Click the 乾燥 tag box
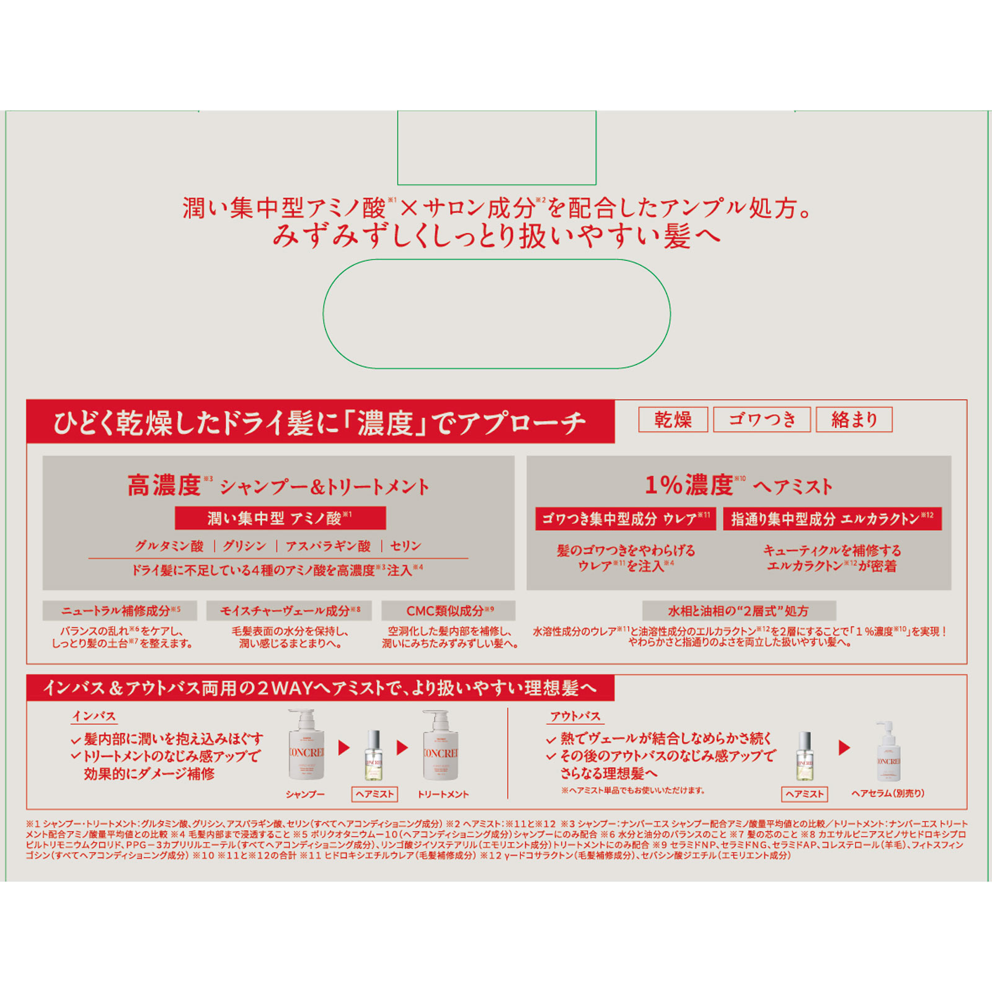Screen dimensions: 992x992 tap(673, 420)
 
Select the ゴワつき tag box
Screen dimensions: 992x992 tap(762, 420)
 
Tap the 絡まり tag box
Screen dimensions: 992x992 tap(854, 420)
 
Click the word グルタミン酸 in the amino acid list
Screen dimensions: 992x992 tap(169, 546)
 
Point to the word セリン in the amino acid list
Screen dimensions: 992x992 tap(405, 546)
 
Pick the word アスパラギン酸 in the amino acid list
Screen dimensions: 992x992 tap(328, 546)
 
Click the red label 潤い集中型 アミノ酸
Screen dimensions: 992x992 tap(280, 518)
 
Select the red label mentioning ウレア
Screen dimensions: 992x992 tap(626, 518)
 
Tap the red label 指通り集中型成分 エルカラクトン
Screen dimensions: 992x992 tap(832, 518)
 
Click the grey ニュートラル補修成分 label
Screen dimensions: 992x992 tap(120, 611)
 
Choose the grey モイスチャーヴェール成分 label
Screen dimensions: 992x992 tap(290, 611)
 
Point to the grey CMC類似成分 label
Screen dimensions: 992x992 tap(449, 611)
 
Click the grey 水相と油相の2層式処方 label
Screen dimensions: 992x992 tap(738, 611)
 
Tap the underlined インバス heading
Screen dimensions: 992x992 tap(94, 716)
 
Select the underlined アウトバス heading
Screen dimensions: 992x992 tap(575, 716)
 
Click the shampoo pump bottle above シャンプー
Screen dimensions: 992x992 tap(306, 746)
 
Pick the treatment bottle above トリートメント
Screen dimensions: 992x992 tap(440, 746)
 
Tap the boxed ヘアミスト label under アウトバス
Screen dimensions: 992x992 tap(804, 794)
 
